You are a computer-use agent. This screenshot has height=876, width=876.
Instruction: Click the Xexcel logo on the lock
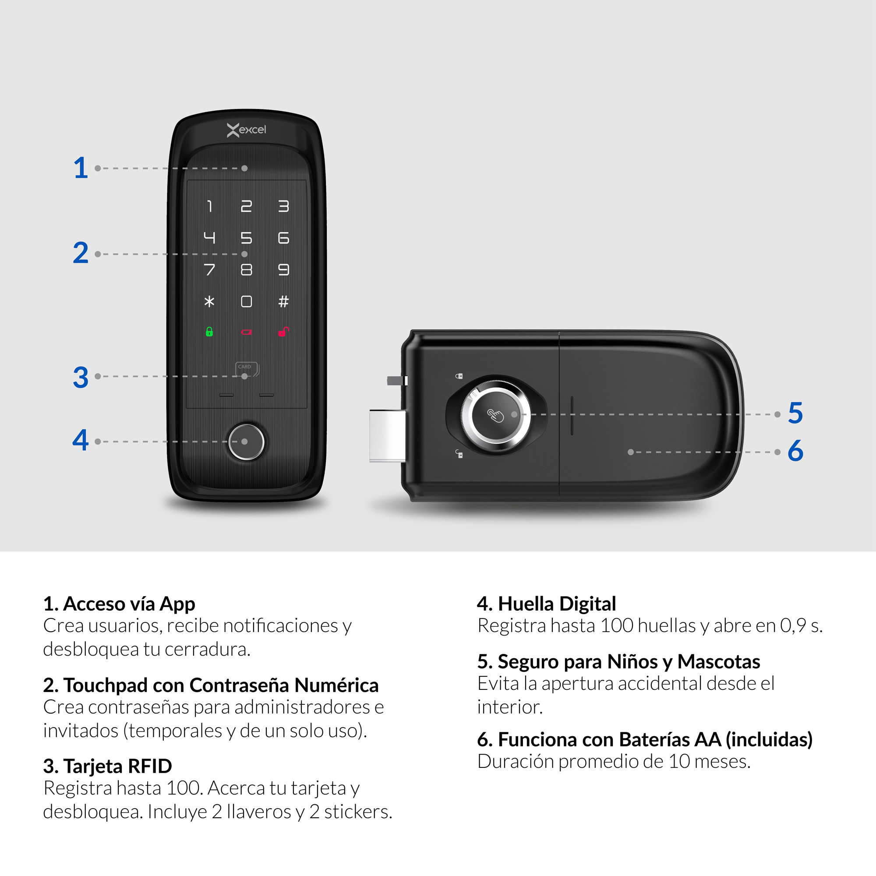[246, 130]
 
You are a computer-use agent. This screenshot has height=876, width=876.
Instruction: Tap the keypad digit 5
[246, 237]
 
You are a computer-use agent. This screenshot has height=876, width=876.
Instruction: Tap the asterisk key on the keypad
[209, 301]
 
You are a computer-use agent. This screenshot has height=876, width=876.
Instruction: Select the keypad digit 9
[283, 270]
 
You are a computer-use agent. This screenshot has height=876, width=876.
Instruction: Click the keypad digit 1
[209, 206]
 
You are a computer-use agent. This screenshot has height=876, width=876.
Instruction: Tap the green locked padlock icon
[209, 332]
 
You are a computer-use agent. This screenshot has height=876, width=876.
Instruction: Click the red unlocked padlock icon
[283, 332]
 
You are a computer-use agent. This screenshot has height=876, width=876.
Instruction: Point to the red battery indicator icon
[246, 332]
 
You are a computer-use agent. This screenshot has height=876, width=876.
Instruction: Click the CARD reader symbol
[247, 368]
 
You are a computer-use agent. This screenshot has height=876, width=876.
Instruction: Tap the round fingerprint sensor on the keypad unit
[246, 442]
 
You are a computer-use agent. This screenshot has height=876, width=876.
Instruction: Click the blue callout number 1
[81, 168]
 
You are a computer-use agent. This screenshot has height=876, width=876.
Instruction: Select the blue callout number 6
[795, 451]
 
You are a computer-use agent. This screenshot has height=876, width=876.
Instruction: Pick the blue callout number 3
[81, 377]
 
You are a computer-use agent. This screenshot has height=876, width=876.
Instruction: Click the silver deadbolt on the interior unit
[387, 435]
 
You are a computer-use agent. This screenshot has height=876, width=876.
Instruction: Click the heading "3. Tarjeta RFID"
[107, 766]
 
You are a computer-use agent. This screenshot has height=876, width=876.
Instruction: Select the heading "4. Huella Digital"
[546, 604]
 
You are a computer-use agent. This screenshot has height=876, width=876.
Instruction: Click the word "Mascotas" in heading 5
[719, 662]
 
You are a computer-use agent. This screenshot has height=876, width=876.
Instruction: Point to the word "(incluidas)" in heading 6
[769, 739]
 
